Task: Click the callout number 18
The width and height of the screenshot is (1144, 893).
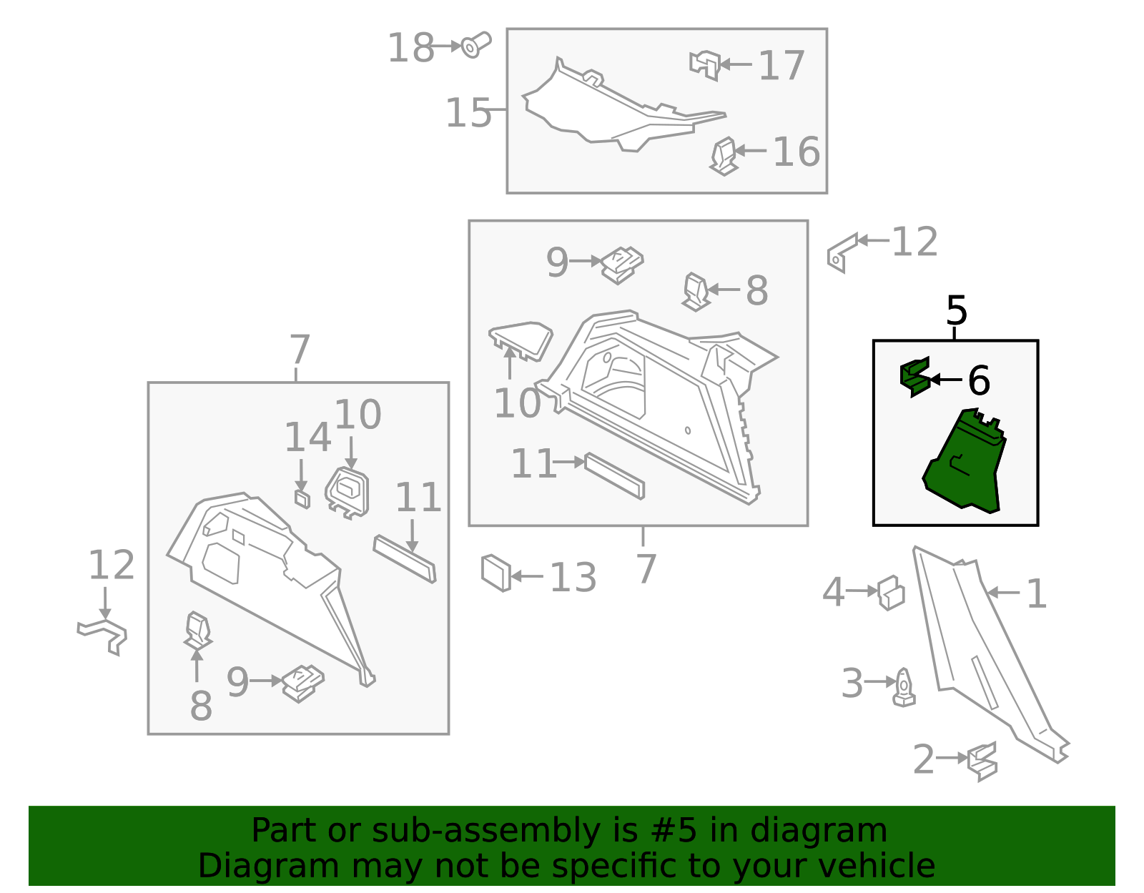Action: (410, 48)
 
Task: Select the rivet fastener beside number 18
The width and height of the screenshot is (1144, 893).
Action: (476, 45)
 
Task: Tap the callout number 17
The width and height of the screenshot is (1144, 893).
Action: (781, 65)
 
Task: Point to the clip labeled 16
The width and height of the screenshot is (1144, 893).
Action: (724, 157)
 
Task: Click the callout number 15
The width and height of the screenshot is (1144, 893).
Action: (468, 113)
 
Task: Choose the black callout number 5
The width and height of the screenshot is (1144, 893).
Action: (956, 310)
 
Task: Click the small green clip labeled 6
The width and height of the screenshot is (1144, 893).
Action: (915, 377)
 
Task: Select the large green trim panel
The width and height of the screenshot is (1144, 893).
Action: (965, 460)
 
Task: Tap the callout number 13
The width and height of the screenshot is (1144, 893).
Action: (573, 577)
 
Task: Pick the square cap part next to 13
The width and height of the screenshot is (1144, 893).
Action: (496, 573)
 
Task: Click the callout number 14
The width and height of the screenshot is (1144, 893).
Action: (308, 438)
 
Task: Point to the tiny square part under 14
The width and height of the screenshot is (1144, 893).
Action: (302, 499)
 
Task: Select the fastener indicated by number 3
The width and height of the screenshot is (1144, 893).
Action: (904, 687)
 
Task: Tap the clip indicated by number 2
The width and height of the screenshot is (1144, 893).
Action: (982, 761)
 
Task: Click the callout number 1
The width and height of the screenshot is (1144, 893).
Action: (1037, 594)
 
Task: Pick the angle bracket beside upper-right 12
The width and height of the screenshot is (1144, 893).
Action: (842, 254)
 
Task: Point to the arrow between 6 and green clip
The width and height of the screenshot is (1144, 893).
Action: (946, 379)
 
